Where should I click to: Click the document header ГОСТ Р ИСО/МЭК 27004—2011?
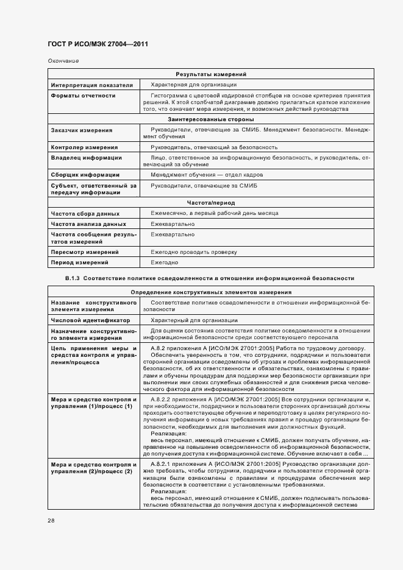coord(98,44)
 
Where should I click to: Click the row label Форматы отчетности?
coord(83,96)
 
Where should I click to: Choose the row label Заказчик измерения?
coord(82,130)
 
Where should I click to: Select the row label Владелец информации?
coord(86,158)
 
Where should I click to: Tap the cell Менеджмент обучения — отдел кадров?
coord(199,175)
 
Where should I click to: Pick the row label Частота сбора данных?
coord(85,214)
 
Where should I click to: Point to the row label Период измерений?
coord(80,262)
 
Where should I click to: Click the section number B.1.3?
coord(72,278)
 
